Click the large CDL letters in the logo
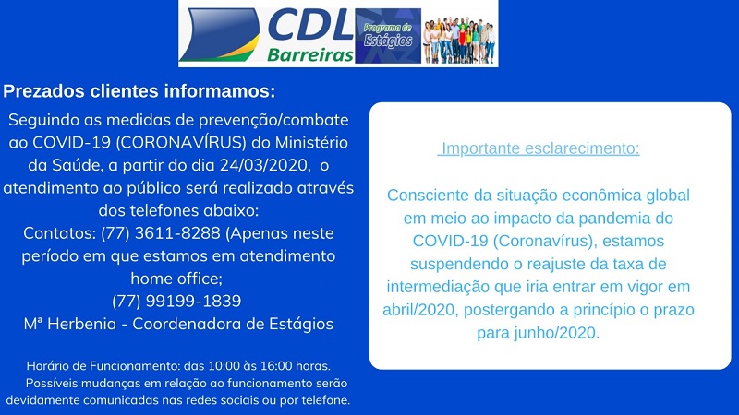coord(310,26)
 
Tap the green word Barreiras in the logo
coord(310,55)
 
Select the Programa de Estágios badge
coord(388,36)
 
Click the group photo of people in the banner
coord(459,40)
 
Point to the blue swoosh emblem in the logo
coord(220,35)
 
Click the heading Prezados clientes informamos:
coord(139,90)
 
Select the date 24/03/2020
coord(263,165)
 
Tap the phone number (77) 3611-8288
coord(160,233)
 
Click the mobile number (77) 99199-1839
coord(176,301)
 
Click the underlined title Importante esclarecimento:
coord(539,148)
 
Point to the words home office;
coord(176,279)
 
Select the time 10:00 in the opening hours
coord(224,365)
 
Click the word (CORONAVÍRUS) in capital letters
coord(181,142)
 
